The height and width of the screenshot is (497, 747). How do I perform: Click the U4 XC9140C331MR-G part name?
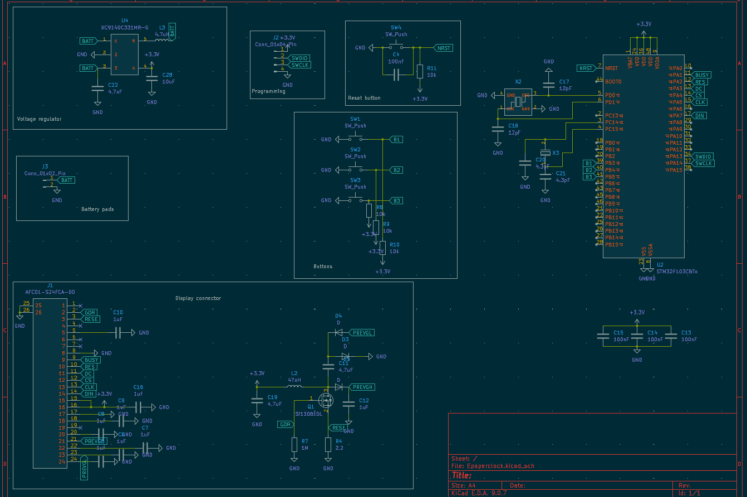coord(125,27)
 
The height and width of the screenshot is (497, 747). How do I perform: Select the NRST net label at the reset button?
coord(444,48)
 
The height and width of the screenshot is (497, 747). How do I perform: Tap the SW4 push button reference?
coord(396,27)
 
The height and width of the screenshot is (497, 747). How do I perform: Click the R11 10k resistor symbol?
coord(420,71)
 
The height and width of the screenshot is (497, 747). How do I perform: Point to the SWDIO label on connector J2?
coord(299,58)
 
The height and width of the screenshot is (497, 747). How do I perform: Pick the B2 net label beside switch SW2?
coord(397,170)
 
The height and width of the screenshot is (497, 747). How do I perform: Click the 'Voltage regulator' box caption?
coord(39,119)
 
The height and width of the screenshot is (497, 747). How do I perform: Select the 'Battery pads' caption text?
coord(97,209)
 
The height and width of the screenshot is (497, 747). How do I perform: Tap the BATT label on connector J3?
coord(67,180)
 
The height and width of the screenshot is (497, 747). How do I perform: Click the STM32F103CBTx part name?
coord(677,272)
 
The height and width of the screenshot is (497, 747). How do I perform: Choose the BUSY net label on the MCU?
coord(702,75)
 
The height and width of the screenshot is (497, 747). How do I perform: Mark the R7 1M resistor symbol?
coord(294,445)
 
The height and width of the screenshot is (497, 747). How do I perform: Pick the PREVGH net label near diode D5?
coord(362,387)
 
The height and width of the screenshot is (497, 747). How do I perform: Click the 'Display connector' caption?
coord(198,298)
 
